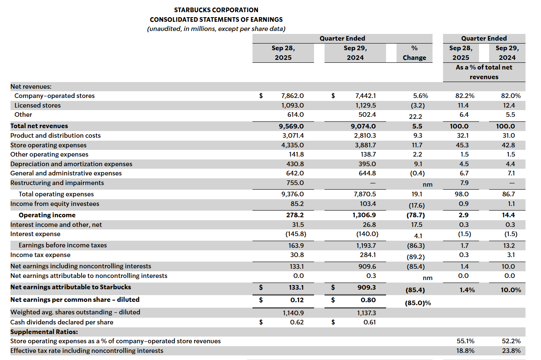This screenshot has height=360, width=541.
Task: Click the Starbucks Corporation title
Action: (x=216, y=10)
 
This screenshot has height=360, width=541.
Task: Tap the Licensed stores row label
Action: (x=38, y=105)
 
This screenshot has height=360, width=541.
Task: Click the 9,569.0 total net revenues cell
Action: (x=292, y=126)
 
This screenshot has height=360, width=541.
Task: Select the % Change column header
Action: (x=414, y=53)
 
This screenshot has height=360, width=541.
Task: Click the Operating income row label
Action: (x=47, y=215)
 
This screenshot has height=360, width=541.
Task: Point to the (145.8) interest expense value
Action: (x=292, y=234)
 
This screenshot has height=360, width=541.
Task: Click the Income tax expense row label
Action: (x=40, y=255)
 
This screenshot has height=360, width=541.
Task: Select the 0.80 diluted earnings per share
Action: (x=368, y=300)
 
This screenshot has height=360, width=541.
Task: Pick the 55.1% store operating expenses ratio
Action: (x=465, y=341)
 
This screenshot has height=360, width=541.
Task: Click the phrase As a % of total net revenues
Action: (x=484, y=72)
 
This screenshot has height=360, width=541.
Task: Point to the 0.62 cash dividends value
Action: (x=297, y=322)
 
